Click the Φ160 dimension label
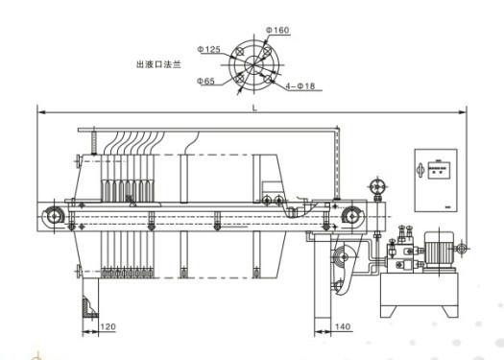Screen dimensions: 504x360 277,30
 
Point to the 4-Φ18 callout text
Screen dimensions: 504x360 300,86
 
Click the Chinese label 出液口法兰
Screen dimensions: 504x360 157,65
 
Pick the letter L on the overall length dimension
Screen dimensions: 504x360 253,108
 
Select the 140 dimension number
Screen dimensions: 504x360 344,329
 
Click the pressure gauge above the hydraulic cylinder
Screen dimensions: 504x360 377,185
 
